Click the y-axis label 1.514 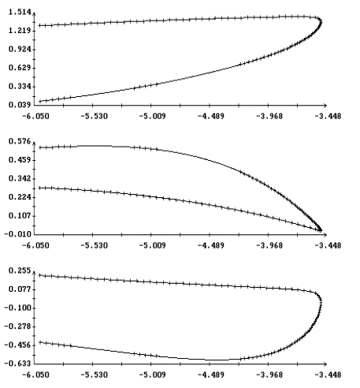tap(20, 12)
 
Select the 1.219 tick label tap(20, 31)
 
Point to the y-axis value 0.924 tap(20, 50)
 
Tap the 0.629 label tap(20, 68)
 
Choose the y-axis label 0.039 tap(20, 105)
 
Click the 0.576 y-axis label tap(20, 141)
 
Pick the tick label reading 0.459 tap(20, 160)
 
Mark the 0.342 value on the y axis tap(20, 179)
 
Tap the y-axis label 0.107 tap(20, 216)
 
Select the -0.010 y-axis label tap(18, 234)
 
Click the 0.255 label tap(20, 270)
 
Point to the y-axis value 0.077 tap(20, 289)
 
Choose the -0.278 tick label tap(18, 326)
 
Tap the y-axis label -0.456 tap(18, 345)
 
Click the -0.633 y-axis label tap(18, 364)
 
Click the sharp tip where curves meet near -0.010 tap(321, 230)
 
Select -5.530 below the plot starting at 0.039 tap(94, 116)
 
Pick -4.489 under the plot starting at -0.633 tap(211, 375)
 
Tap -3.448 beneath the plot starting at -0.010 tap(328, 246)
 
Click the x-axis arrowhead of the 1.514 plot tap(325, 106)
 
